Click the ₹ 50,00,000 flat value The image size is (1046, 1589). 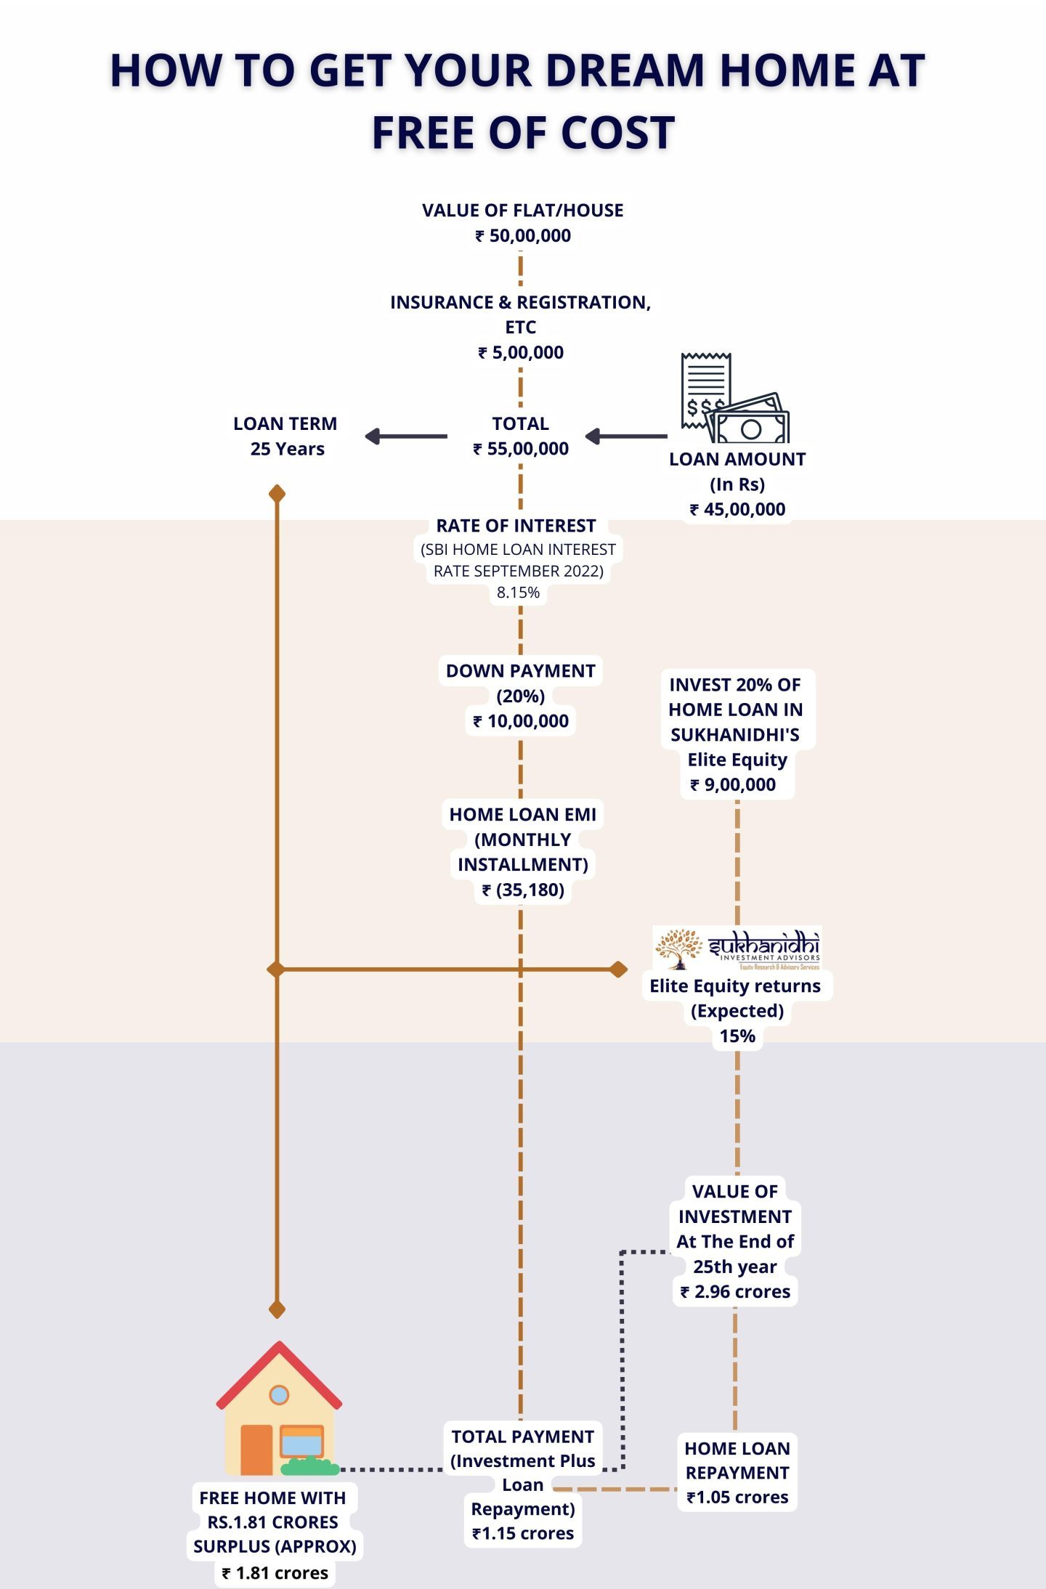[x=523, y=236]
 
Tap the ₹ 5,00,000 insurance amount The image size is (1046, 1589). [x=521, y=353]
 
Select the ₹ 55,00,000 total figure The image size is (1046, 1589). [x=521, y=449]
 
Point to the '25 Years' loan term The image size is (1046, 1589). [x=288, y=449]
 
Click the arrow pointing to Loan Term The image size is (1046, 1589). [x=406, y=436]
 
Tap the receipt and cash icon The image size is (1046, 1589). [x=734, y=398]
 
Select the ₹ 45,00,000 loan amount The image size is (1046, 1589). [x=737, y=510]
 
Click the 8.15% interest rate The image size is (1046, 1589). [x=519, y=593]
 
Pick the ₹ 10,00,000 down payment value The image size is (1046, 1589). [x=521, y=721]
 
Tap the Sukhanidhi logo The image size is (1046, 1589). [x=737, y=948]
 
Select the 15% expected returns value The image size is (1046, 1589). [x=737, y=1036]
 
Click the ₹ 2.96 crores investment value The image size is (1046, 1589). [x=735, y=1292]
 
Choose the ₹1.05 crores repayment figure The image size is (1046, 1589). [x=737, y=1497]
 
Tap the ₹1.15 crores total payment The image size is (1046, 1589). [x=523, y=1534]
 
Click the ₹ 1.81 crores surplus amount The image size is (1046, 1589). [x=275, y=1573]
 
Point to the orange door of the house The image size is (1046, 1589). [x=256, y=1450]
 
